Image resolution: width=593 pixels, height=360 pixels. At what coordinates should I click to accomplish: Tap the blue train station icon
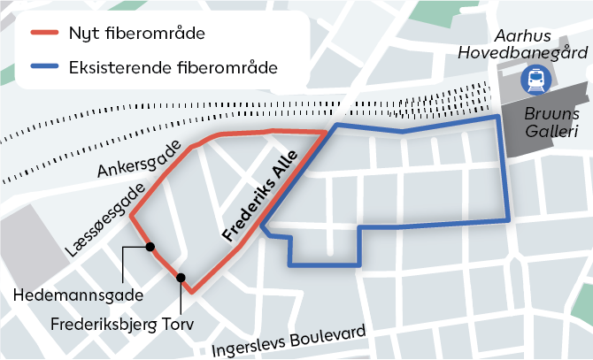pyautogui.click(x=535, y=81)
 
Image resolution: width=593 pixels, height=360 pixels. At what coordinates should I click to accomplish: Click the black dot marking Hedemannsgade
pyautogui.click(x=150, y=247)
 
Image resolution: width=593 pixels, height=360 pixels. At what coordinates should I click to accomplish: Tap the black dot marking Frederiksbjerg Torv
pyautogui.click(x=181, y=278)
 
